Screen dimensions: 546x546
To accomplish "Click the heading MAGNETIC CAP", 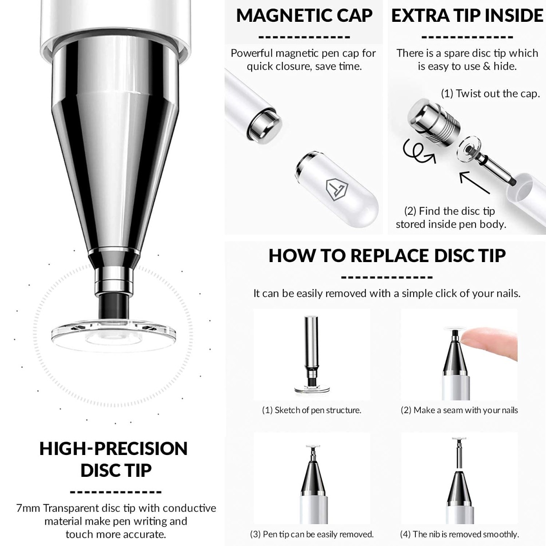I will click(304, 15).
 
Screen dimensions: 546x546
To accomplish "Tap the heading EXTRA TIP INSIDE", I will click(467, 15).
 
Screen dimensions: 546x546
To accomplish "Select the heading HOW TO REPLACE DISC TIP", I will click(387, 256).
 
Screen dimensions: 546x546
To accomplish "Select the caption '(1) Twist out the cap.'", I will click(490, 94).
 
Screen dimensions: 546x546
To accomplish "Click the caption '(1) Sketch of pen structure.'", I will click(312, 410).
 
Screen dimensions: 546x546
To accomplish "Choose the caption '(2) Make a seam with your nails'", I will click(459, 410).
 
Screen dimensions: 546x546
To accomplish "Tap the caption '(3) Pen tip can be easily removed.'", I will click(312, 534).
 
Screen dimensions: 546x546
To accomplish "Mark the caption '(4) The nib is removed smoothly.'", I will click(459, 534).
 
